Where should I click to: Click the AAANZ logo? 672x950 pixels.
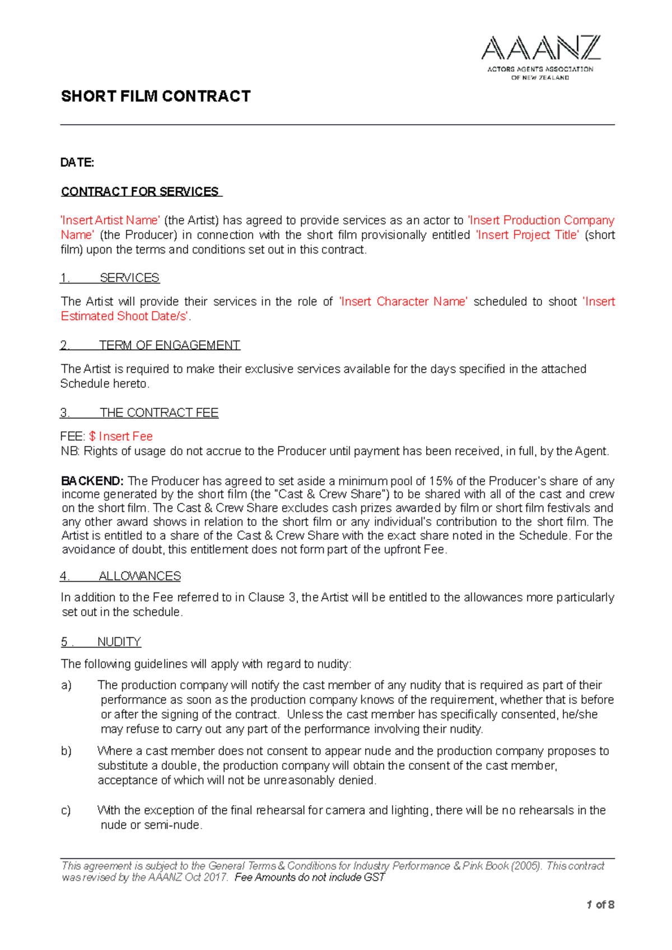click(540, 57)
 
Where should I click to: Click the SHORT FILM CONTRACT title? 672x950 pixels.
click(156, 96)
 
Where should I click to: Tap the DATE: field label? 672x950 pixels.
click(77, 162)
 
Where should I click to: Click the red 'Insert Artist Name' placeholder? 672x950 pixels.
click(110, 220)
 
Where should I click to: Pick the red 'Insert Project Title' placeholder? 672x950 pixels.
click(527, 235)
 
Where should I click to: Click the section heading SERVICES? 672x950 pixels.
click(129, 278)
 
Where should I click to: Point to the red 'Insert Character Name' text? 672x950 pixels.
click(403, 302)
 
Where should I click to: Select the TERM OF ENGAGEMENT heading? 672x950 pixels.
click(169, 345)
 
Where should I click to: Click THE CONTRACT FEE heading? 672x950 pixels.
click(158, 413)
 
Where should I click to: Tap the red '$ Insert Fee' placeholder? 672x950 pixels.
click(120, 436)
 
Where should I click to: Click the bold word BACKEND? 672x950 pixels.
click(92, 481)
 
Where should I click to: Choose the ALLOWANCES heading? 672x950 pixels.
click(139, 576)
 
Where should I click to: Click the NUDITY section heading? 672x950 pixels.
click(119, 642)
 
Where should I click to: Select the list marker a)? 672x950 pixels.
click(67, 685)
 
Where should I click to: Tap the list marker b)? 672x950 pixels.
click(67, 751)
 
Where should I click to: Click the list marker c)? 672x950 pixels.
click(66, 810)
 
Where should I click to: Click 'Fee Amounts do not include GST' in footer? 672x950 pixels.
click(310, 877)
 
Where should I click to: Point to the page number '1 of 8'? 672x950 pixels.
click(600, 905)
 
